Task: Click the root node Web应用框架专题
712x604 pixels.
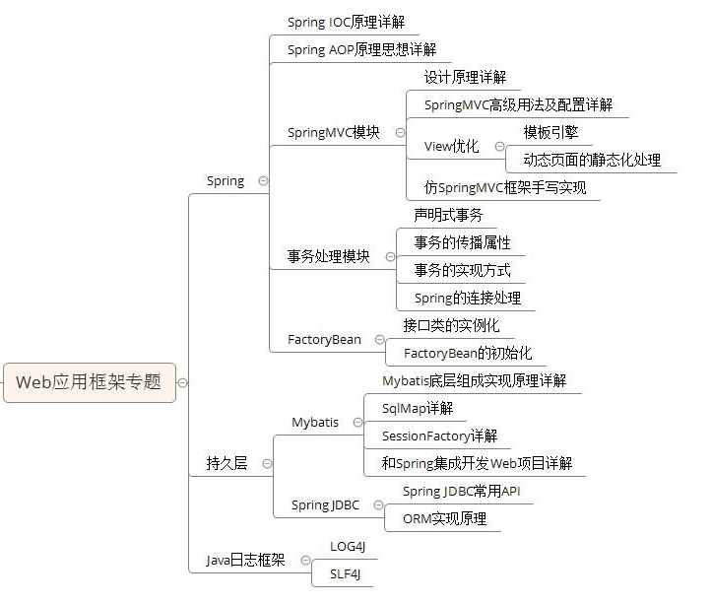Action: [89, 382]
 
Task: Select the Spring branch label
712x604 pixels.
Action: [226, 181]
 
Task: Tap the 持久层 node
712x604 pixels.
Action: [227, 463]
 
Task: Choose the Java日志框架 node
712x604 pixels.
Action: [245, 560]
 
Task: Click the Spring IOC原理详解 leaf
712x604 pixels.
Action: [346, 22]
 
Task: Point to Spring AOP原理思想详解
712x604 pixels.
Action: [361, 49]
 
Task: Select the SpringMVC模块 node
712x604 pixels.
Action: [333, 133]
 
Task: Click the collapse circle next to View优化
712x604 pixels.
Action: [499, 147]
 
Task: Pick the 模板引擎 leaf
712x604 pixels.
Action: [550, 132]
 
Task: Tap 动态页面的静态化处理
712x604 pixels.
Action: [591, 160]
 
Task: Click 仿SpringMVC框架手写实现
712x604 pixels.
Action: [505, 187]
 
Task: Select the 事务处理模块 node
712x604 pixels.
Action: [328, 256]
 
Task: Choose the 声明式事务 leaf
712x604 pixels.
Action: [448, 215]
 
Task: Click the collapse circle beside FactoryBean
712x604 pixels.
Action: [379, 340]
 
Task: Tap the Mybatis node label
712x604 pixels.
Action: [315, 422]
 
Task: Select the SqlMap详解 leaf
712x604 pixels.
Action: [417, 408]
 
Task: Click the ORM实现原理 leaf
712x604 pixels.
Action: [444, 518]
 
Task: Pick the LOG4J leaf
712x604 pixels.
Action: [349, 546]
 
